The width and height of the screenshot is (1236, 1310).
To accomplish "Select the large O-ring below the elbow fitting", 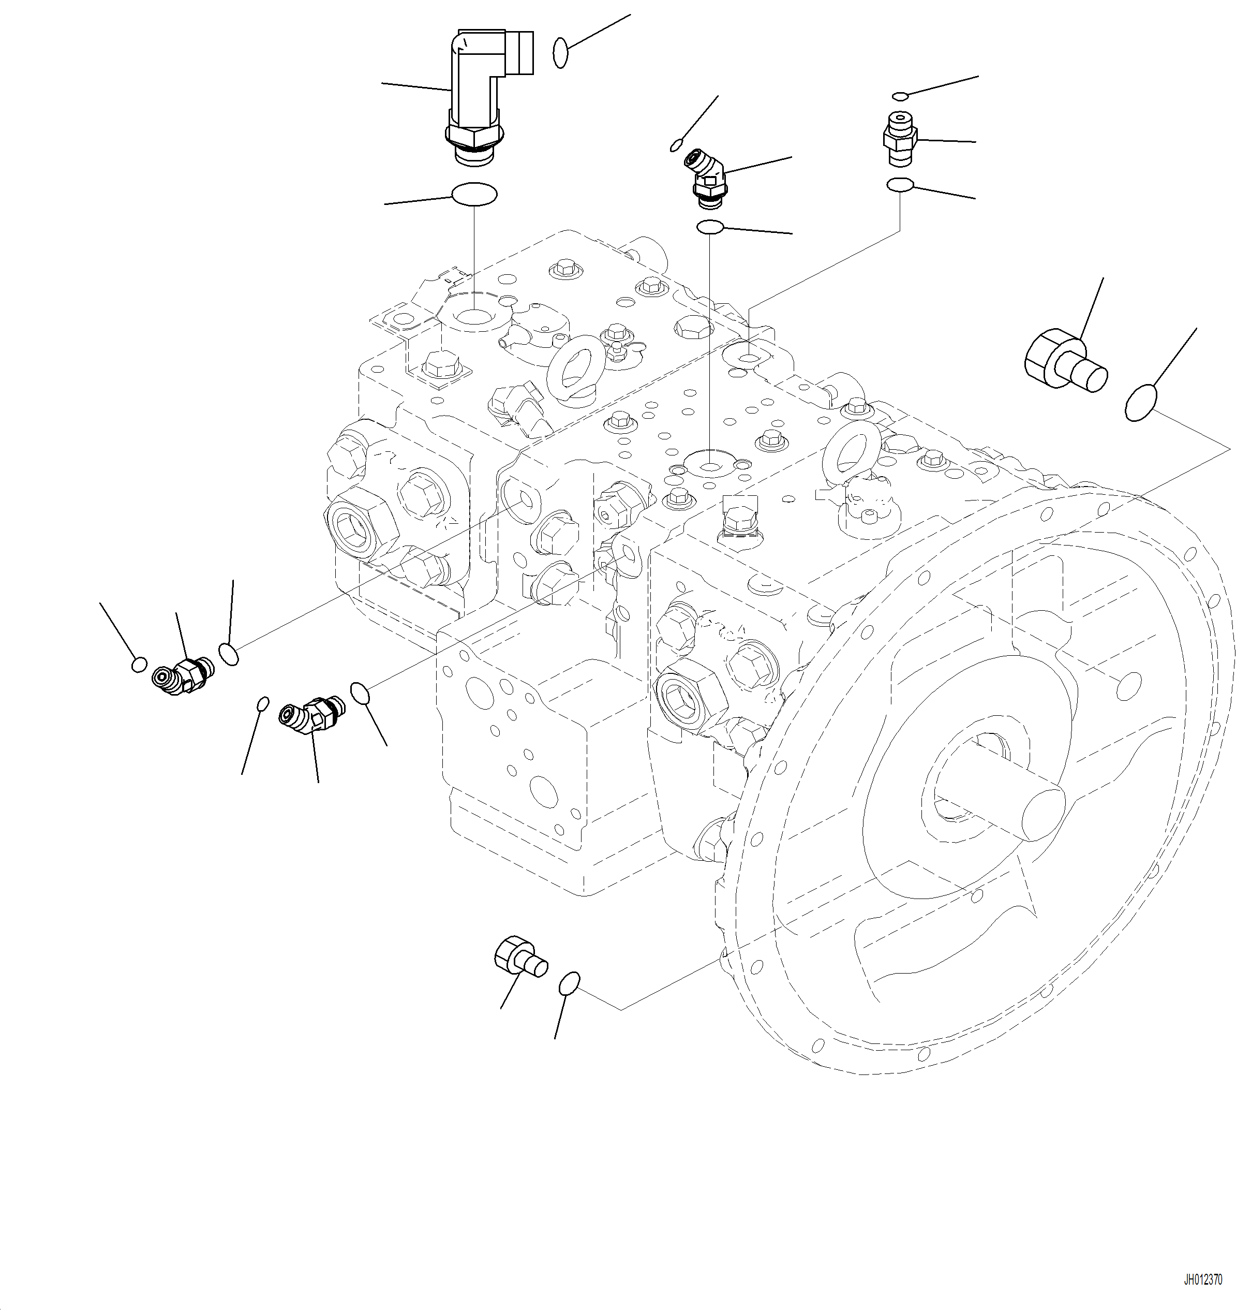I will point(474,195).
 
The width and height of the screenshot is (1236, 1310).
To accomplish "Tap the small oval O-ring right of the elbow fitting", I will point(561,53).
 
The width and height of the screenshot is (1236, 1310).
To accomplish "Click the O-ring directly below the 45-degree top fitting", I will point(710,227).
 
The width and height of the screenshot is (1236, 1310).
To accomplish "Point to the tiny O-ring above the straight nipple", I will point(901,96).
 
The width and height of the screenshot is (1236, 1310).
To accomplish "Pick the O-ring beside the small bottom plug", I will point(569,983).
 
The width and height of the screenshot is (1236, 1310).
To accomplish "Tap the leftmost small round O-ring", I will point(139,664).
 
